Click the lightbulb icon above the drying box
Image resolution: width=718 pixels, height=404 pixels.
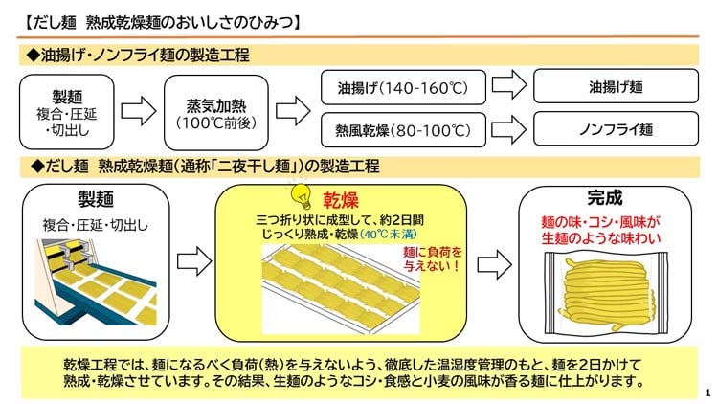(303, 193)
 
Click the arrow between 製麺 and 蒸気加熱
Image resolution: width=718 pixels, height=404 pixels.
(135, 106)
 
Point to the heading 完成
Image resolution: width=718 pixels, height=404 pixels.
(605, 199)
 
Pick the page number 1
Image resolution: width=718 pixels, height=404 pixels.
(706, 392)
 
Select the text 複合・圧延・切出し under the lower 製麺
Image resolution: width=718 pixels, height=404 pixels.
(96, 226)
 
